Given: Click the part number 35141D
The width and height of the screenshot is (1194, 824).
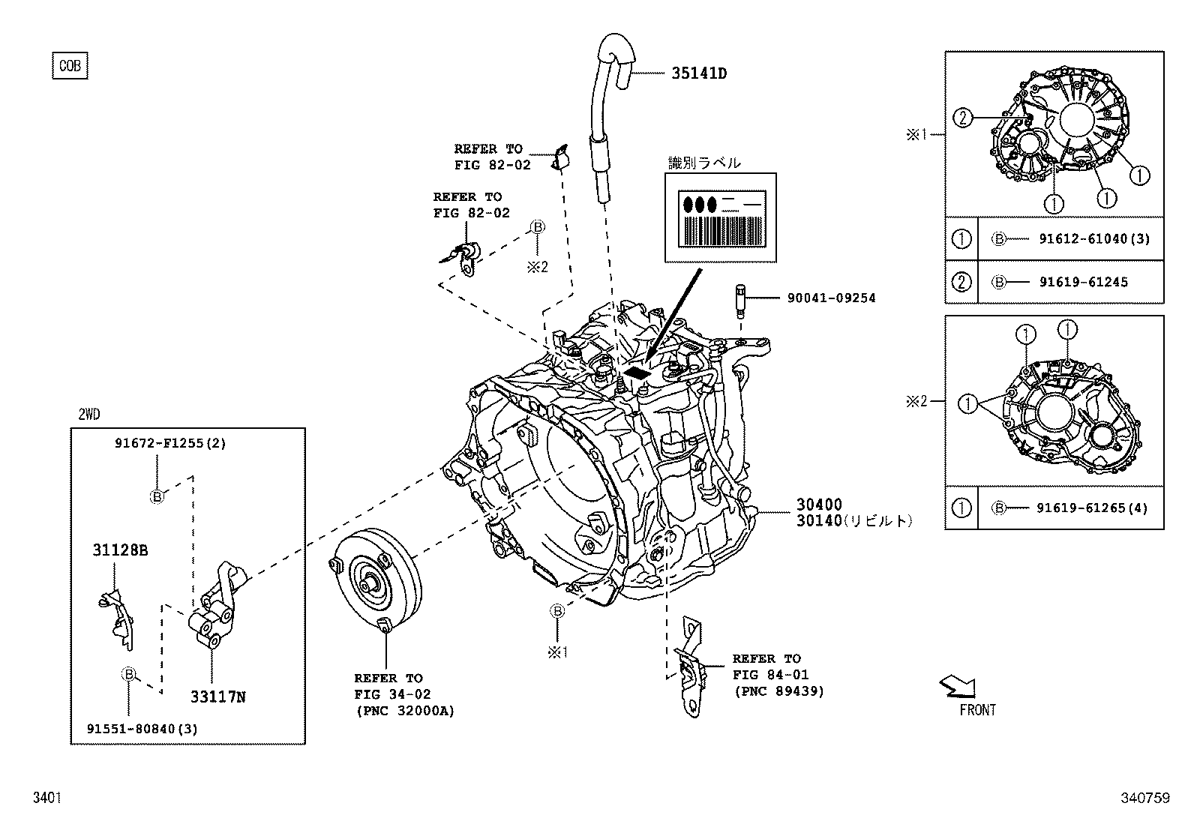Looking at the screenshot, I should pyautogui.click(x=698, y=73).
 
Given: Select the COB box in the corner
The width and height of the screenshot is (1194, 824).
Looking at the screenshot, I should pyautogui.click(x=70, y=66).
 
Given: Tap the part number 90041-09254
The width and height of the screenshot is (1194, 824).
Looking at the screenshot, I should pyautogui.click(x=831, y=298).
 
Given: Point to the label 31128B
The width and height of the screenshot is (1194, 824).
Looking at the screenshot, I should pyautogui.click(x=120, y=550).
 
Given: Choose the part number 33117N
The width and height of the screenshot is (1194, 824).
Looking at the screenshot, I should pyautogui.click(x=217, y=697).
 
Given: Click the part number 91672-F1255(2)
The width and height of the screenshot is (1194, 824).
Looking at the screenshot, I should pyautogui.click(x=170, y=443).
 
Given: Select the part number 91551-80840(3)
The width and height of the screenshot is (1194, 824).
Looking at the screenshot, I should pyautogui.click(x=142, y=729).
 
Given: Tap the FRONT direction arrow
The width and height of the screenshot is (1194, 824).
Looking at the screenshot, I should pyautogui.click(x=958, y=685).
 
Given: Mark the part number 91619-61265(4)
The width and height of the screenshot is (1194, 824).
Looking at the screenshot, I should pyautogui.click(x=1092, y=508).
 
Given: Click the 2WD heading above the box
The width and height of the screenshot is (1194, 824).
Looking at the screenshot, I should pyautogui.click(x=88, y=414).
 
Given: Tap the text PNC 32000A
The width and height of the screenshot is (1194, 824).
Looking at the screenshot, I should pyautogui.click(x=405, y=711).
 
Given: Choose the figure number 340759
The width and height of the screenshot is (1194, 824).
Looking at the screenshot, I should pyautogui.click(x=1144, y=799).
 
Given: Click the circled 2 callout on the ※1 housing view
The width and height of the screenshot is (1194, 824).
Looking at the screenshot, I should pyautogui.click(x=963, y=117).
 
